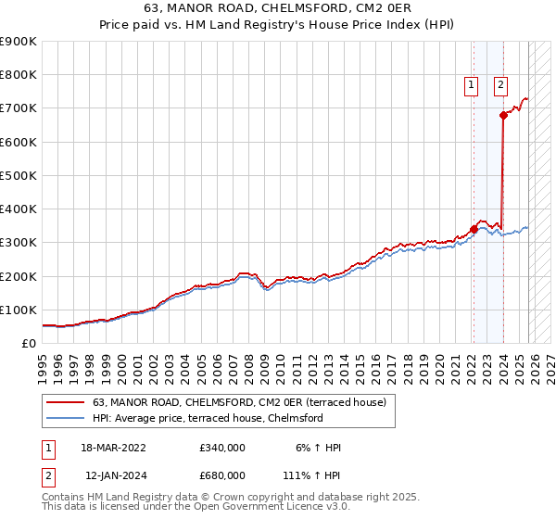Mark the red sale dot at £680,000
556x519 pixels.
coord(503,115)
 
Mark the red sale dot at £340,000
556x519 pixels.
coord(474,229)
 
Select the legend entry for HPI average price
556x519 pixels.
coord(207,418)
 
